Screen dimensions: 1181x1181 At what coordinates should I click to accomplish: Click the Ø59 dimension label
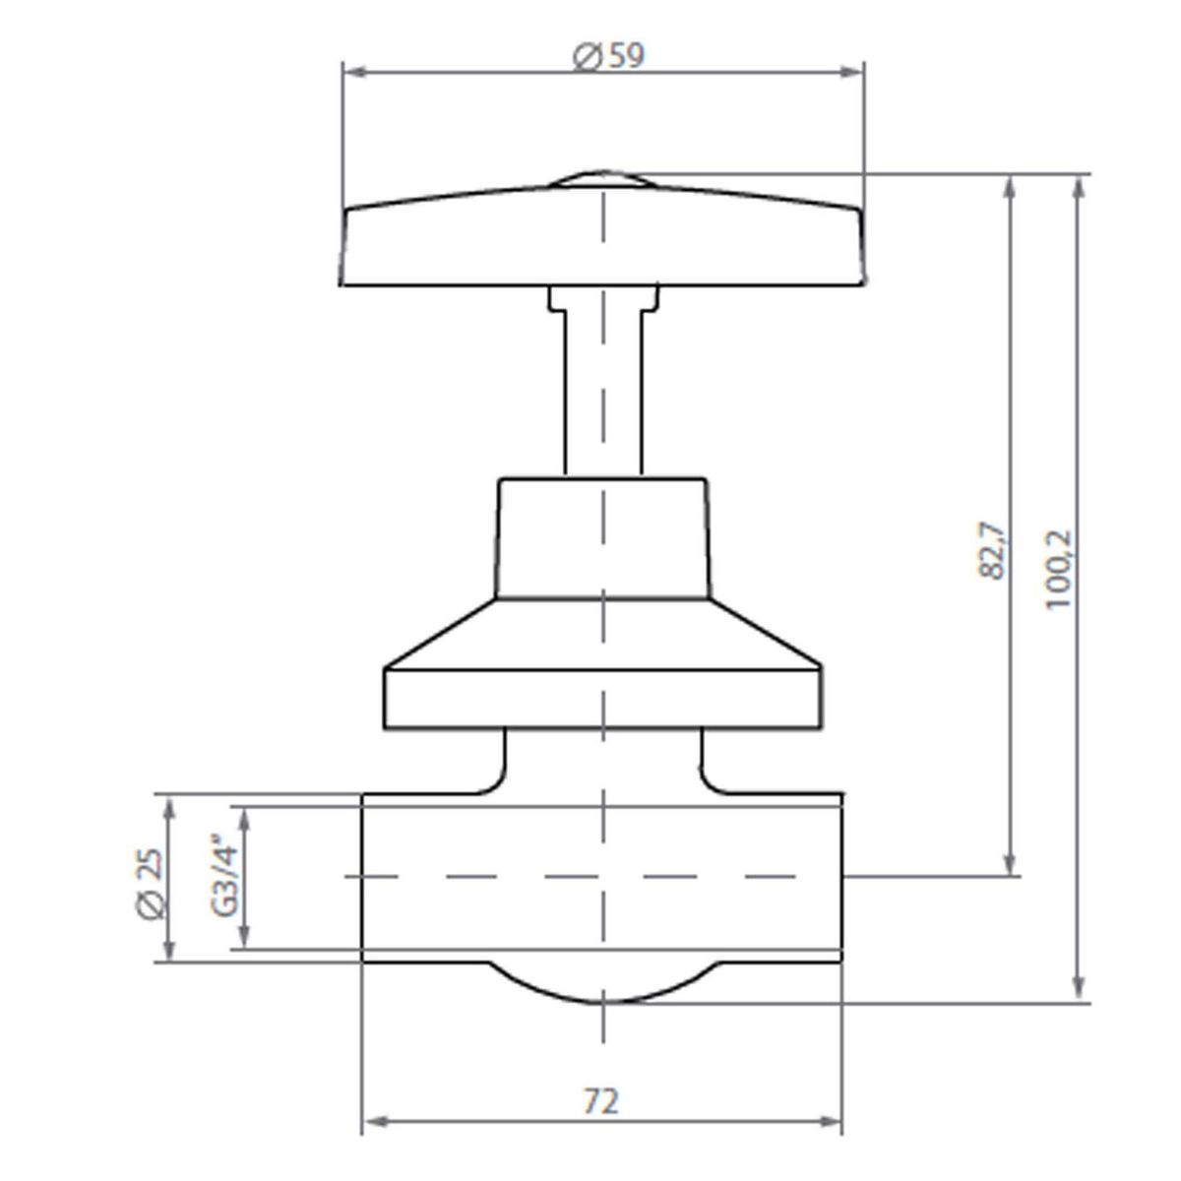click(x=608, y=57)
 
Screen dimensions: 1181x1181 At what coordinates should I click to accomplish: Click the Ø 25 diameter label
click(x=149, y=883)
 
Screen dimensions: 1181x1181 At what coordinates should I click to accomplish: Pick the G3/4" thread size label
click(x=225, y=877)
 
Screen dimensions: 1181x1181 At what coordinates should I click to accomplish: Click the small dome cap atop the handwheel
click(x=601, y=179)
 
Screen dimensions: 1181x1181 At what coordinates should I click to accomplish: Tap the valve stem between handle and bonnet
click(x=602, y=394)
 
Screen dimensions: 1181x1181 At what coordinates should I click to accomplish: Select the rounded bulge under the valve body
click(x=602, y=983)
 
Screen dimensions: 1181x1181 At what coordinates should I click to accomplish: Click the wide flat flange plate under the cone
click(x=602, y=699)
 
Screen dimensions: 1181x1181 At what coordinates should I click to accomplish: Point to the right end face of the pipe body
click(x=841, y=876)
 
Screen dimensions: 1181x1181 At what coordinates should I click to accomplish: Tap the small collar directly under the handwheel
click(x=602, y=297)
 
